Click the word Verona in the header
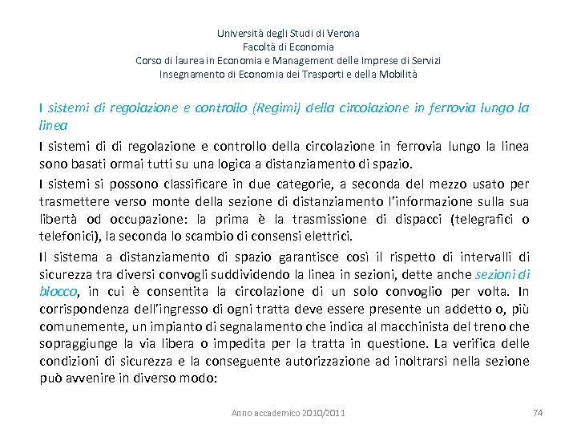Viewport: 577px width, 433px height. [345, 34]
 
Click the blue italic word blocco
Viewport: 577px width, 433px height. [59, 292]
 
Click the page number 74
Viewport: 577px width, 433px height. [538, 413]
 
